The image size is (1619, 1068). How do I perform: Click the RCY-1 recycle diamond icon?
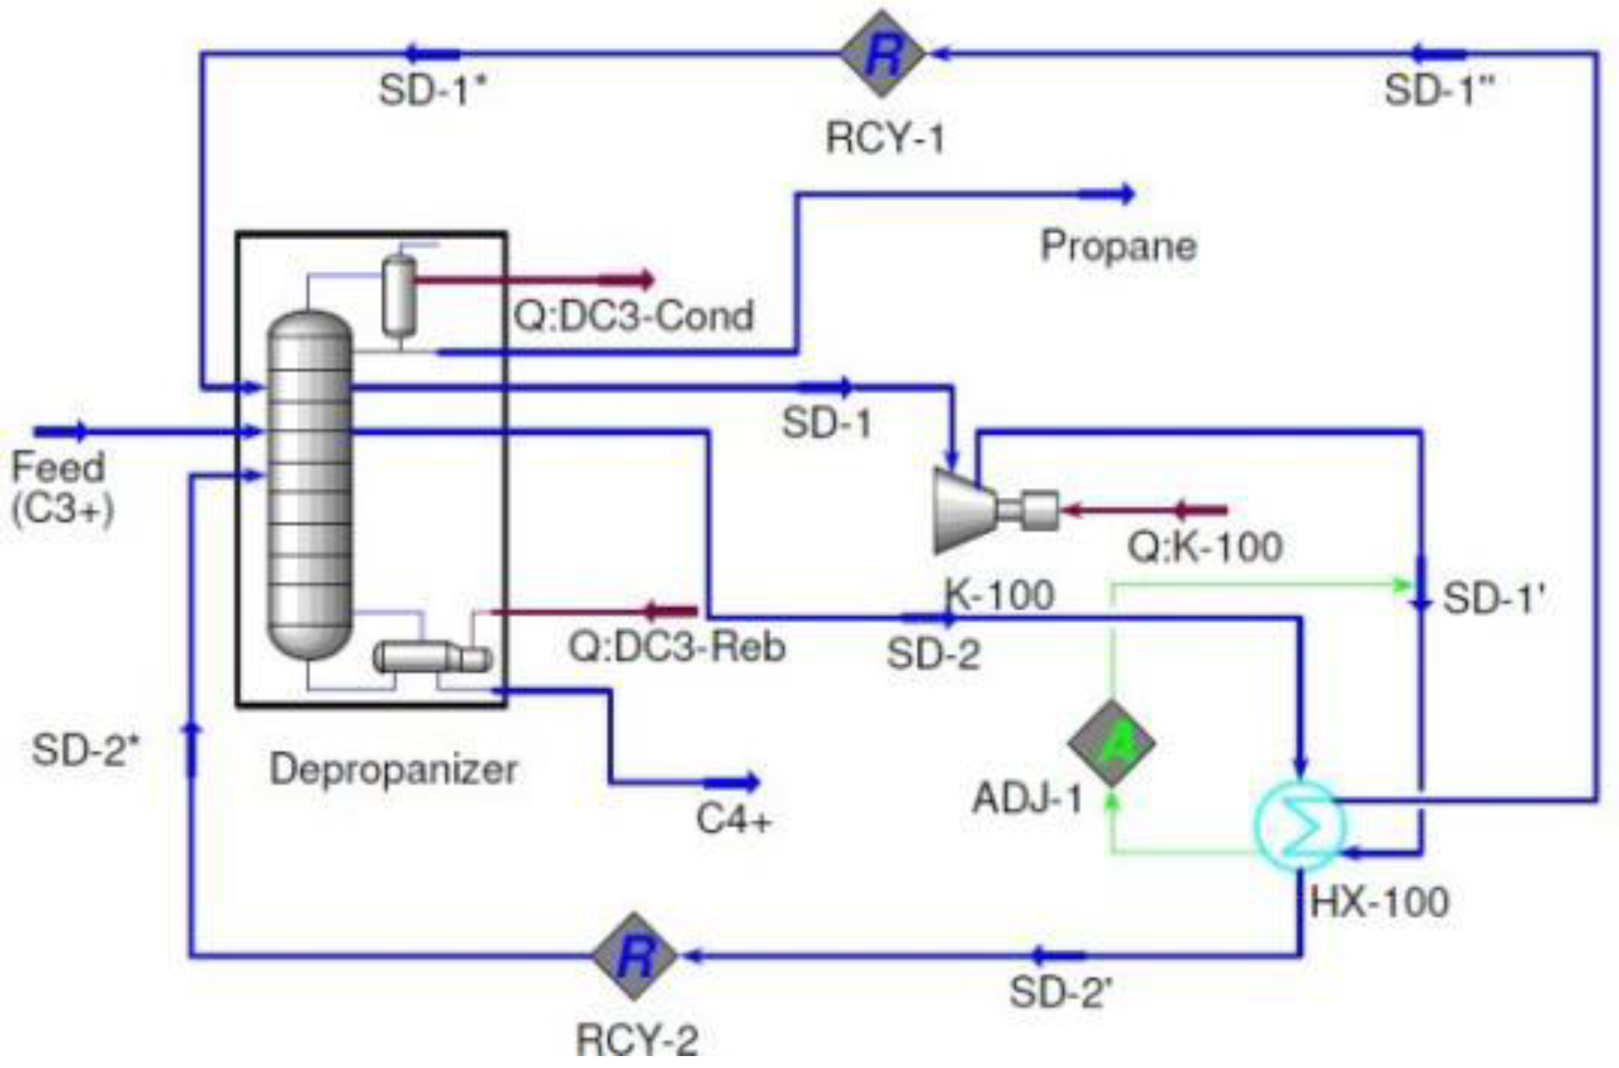(x=883, y=54)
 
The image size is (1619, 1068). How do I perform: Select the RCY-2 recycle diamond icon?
(x=635, y=955)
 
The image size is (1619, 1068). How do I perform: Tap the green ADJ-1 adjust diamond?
(x=1111, y=742)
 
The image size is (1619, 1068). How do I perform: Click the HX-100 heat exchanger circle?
(x=1299, y=826)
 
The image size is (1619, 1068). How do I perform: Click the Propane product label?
(x=1118, y=247)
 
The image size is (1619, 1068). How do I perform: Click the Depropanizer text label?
(x=393, y=770)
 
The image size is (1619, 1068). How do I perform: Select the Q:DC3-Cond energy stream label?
(x=634, y=315)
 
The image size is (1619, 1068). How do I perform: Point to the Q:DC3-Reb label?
(x=676, y=646)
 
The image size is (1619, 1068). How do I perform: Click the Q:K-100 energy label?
(x=1205, y=546)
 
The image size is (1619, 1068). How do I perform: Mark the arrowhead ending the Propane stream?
(x=1127, y=195)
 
